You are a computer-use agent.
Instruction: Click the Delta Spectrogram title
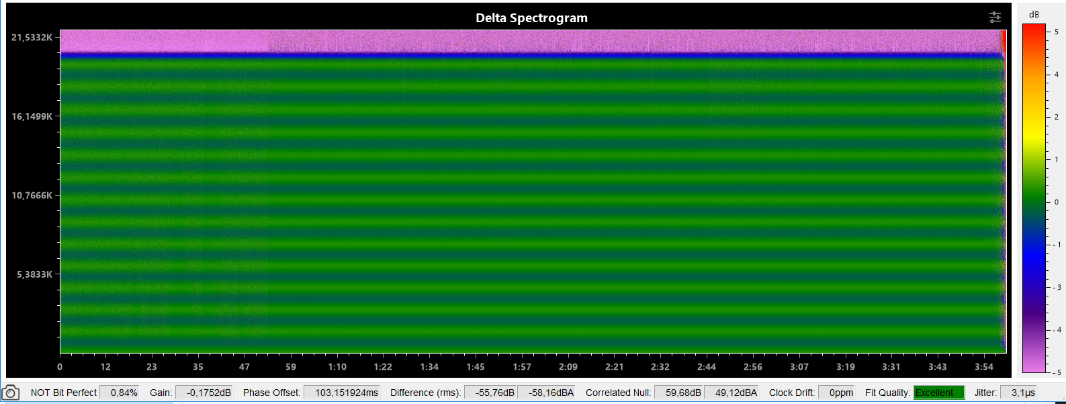(531, 18)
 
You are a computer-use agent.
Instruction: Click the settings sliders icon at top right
(995, 17)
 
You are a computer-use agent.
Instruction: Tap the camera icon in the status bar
(11, 393)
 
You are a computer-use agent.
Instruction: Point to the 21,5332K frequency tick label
(32, 38)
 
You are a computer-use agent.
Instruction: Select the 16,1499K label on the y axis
(32, 116)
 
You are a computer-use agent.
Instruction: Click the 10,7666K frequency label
(32, 196)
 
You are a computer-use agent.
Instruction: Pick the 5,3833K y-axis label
(34, 274)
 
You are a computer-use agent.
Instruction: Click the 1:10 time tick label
(337, 367)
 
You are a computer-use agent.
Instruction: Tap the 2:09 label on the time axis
(568, 367)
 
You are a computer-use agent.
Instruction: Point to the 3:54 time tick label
(984, 367)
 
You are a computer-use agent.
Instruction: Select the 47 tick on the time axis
(245, 367)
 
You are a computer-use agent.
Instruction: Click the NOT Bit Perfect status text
(64, 393)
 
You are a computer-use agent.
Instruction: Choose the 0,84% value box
(124, 393)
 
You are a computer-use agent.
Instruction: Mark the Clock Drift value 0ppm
(840, 393)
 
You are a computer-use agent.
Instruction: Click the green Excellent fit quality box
(938, 393)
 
